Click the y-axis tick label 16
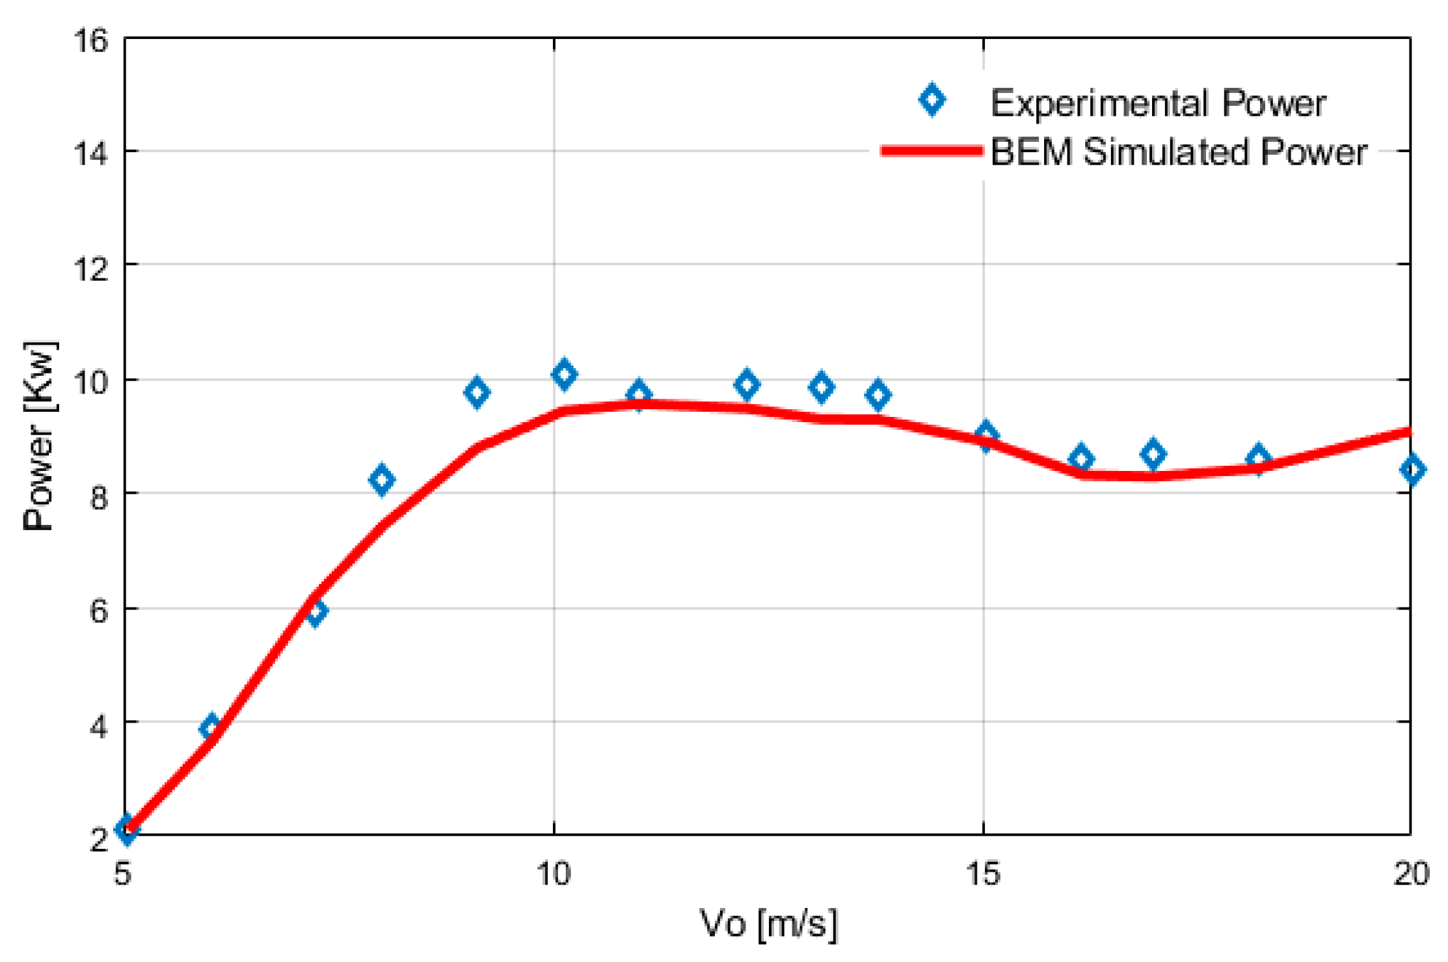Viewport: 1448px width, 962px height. [x=91, y=40]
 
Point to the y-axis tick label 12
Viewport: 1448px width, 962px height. [x=91, y=267]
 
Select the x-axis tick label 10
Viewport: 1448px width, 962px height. [x=554, y=874]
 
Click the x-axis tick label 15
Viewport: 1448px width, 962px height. [x=983, y=874]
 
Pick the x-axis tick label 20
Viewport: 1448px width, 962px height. [x=1411, y=874]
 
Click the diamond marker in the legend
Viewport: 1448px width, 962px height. [x=932, y=100]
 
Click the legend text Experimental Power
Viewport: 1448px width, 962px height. [x=1158, y=103]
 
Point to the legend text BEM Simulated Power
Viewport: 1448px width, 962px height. [x=1178, y=152]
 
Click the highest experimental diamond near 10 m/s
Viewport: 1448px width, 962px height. [x=564, y=374]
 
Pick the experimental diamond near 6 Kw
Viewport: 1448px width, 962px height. [x=316, y=611]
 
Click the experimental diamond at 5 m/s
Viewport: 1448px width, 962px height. [x=126, y=829]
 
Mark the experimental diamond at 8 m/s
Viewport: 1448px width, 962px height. [x=381, y=479]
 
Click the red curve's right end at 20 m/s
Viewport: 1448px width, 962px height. [x=1408, y=431]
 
